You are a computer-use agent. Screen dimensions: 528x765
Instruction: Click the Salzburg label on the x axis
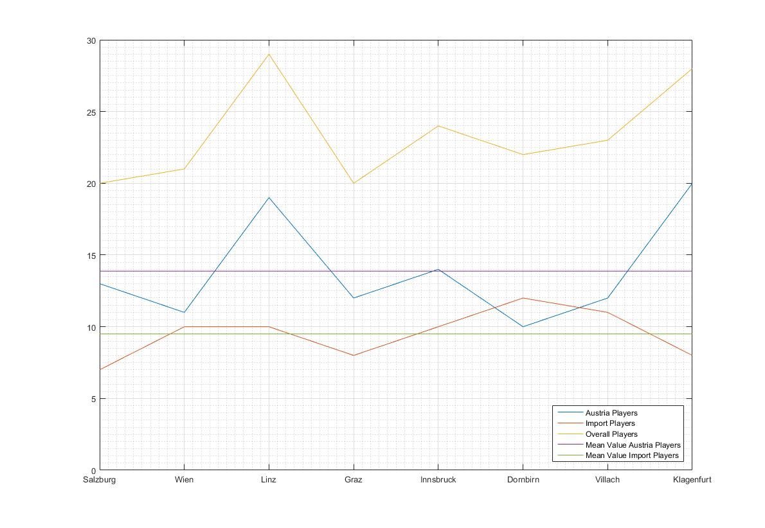100,480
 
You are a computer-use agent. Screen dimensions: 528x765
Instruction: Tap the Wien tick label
184,480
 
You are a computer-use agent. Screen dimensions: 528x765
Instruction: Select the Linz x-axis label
269,480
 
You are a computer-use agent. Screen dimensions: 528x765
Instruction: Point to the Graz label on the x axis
353,480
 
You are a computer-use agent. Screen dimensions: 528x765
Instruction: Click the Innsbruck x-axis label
438,480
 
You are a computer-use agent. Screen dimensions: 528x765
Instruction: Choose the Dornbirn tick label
523,480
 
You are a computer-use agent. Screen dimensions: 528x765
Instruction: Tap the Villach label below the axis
607,480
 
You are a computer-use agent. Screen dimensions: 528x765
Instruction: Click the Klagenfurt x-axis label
692,480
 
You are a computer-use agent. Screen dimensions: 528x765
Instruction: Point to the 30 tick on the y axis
91,40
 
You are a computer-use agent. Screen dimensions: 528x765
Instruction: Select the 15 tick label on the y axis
91,255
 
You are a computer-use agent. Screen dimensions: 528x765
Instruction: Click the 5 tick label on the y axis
93,398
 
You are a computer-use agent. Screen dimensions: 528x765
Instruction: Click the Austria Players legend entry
611,413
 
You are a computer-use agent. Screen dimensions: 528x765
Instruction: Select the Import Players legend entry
610,423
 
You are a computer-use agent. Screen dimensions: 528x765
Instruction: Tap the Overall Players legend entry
611,434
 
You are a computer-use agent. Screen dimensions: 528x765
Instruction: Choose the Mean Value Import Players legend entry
632,455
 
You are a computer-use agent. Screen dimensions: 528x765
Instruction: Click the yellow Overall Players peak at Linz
269,54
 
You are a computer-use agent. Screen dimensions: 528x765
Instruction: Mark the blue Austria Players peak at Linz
269,198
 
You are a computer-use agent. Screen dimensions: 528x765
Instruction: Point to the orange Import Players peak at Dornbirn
523,298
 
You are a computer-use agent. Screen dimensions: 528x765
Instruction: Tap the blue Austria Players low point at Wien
184,312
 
